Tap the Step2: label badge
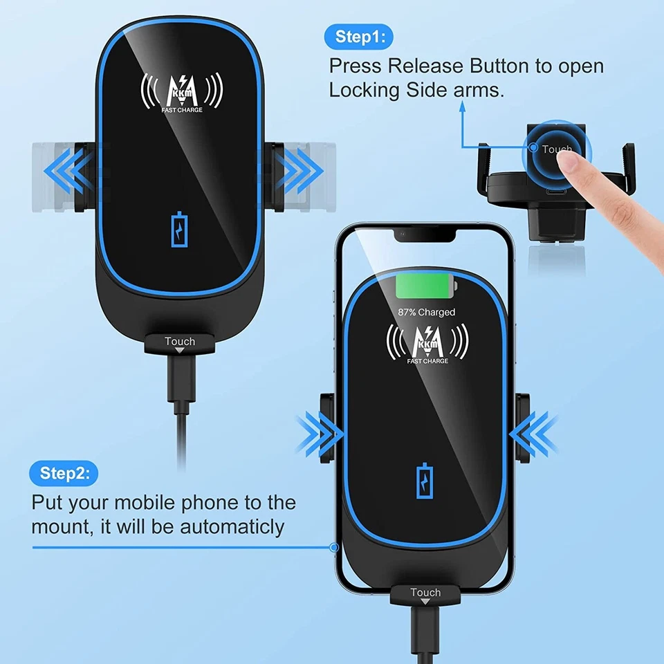coord(64,473)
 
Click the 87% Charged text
coord(426,312)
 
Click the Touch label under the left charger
coord(180,342)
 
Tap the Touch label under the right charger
coord(425,592)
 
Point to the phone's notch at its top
coord(426,237)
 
